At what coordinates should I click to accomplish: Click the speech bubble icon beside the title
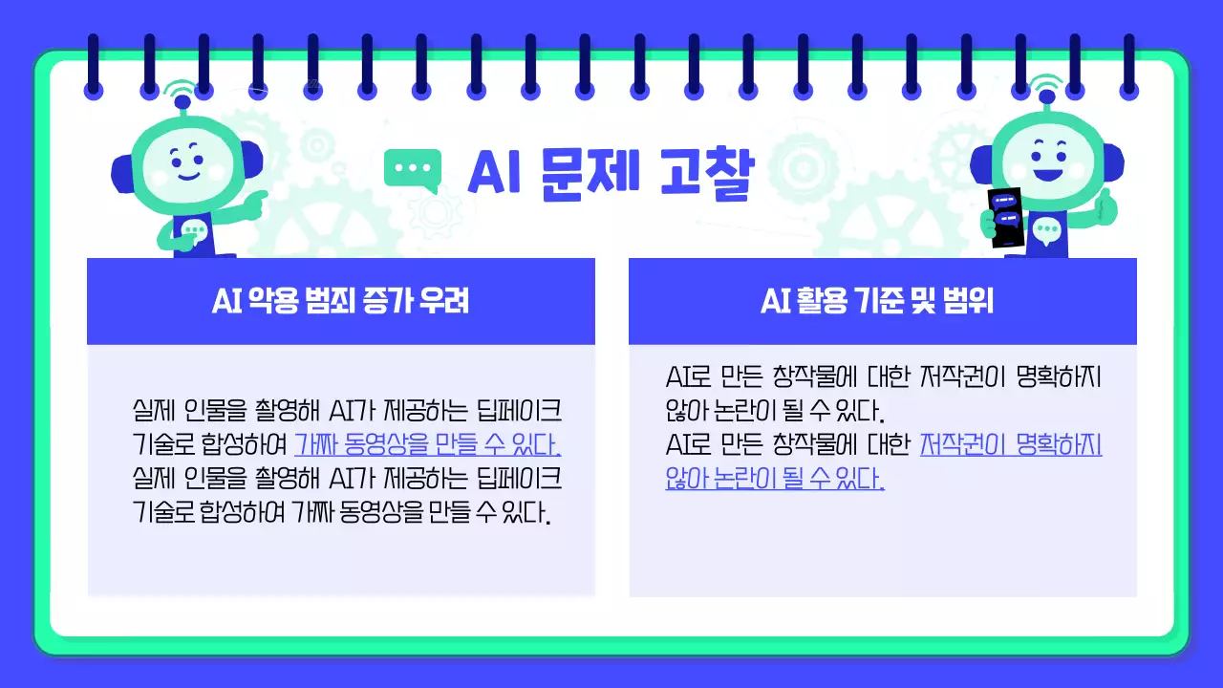(x=414, y=169)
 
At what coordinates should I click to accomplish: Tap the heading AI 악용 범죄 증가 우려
(x=340, y=302)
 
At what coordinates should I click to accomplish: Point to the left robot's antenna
(x=179, y=96)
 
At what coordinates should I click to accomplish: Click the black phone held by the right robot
(x=1004, y=217)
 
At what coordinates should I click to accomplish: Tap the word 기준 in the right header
(x=868, y=302)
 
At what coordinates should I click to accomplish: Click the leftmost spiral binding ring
(x=94, y=65)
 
